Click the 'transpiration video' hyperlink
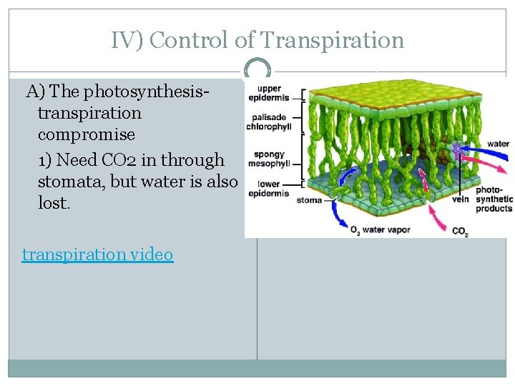pyautogui.click(x=97, y=254)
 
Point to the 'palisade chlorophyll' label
pyautogui.click(x=268, y=122)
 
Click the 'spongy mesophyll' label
pyautogui.click(x=269, y=158)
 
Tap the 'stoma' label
pyautogui.click(x=309, y=200)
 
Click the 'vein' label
pyautogui.click(x=460, y=199)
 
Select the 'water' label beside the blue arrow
pyautogui.click(x=497, y=144)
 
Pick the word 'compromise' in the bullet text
pyautogui.click(x=87, y=134)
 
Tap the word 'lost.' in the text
pyautogui.click(x=54, y=203)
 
